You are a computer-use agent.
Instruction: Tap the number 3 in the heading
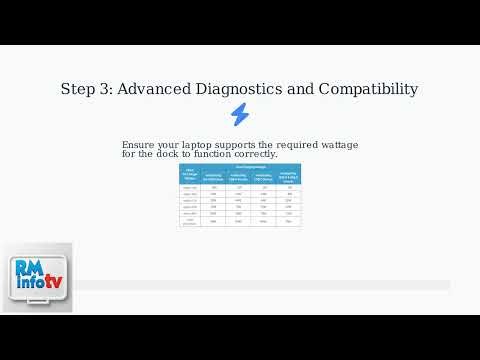pyautogui.click(x=108, y=89)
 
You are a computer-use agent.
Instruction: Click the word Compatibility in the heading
pyautogui.click(x=368, y=89)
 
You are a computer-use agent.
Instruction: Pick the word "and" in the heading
pyautogui.click(x=301, y=89)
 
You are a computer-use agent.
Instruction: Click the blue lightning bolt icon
pyautogui.click(x=240, y=114)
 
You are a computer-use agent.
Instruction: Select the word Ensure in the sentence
pyautogui.click(x=139, y=145)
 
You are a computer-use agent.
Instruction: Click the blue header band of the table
pyautogui.click(x=240, y=170)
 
